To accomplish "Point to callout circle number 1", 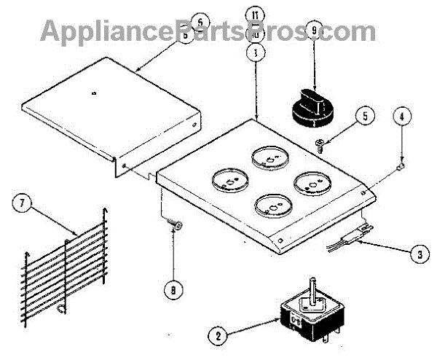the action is pos(255,52).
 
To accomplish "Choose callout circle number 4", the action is pos(401,115).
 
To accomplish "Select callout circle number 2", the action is pos(216,337).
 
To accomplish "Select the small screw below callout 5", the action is pos(321,145).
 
